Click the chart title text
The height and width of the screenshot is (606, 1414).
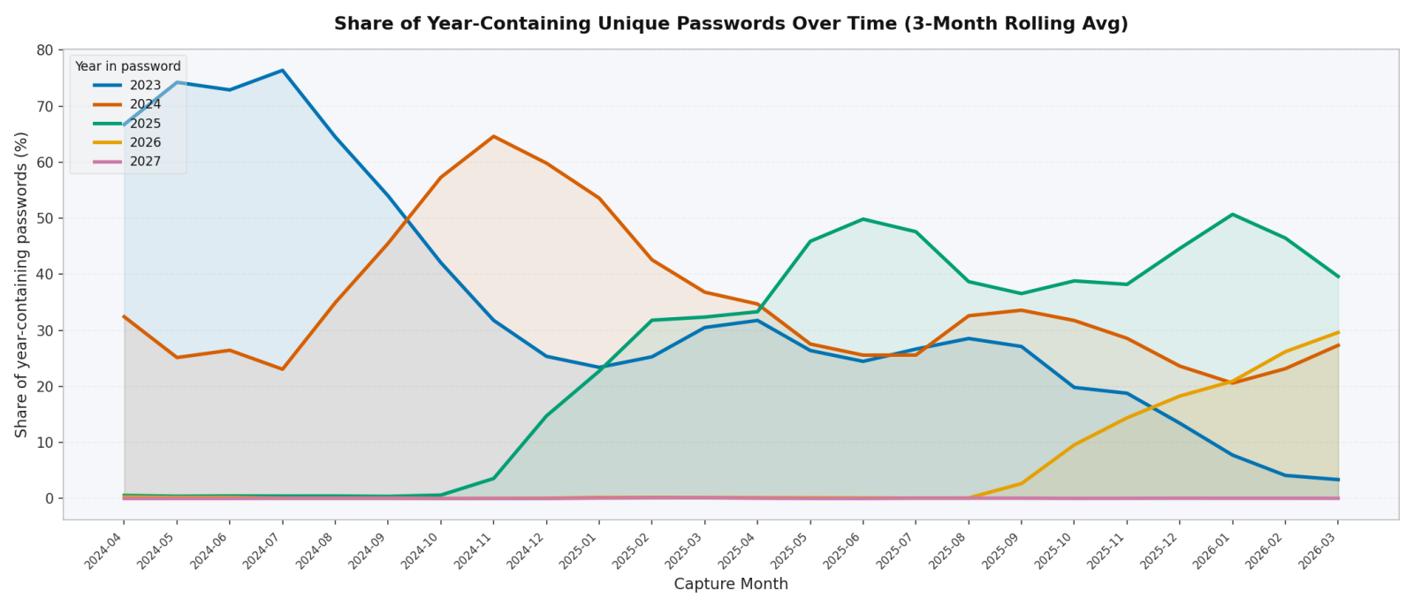click(730, 24)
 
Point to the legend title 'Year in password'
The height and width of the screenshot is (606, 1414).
click(127, 66)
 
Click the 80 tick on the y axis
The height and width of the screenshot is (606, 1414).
click(44, 50)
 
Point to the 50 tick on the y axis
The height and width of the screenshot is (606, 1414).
click(44, 218)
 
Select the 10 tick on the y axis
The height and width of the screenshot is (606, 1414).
click(44, 443)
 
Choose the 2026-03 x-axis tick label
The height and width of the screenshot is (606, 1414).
click(1320, 547)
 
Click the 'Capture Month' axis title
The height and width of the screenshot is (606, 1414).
click(730, 584)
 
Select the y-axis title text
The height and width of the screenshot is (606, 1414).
click(22, 284)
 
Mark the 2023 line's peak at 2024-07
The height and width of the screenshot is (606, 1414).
click(282, 71)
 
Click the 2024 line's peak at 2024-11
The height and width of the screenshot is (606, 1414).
click(493, 137)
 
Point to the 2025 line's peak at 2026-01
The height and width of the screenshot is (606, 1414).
click(1232, 215)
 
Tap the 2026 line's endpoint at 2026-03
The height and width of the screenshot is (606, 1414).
click(1338, 332)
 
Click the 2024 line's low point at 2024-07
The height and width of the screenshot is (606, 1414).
click(282, 369)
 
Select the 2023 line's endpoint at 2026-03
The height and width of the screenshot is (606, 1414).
click(1338, 480)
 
